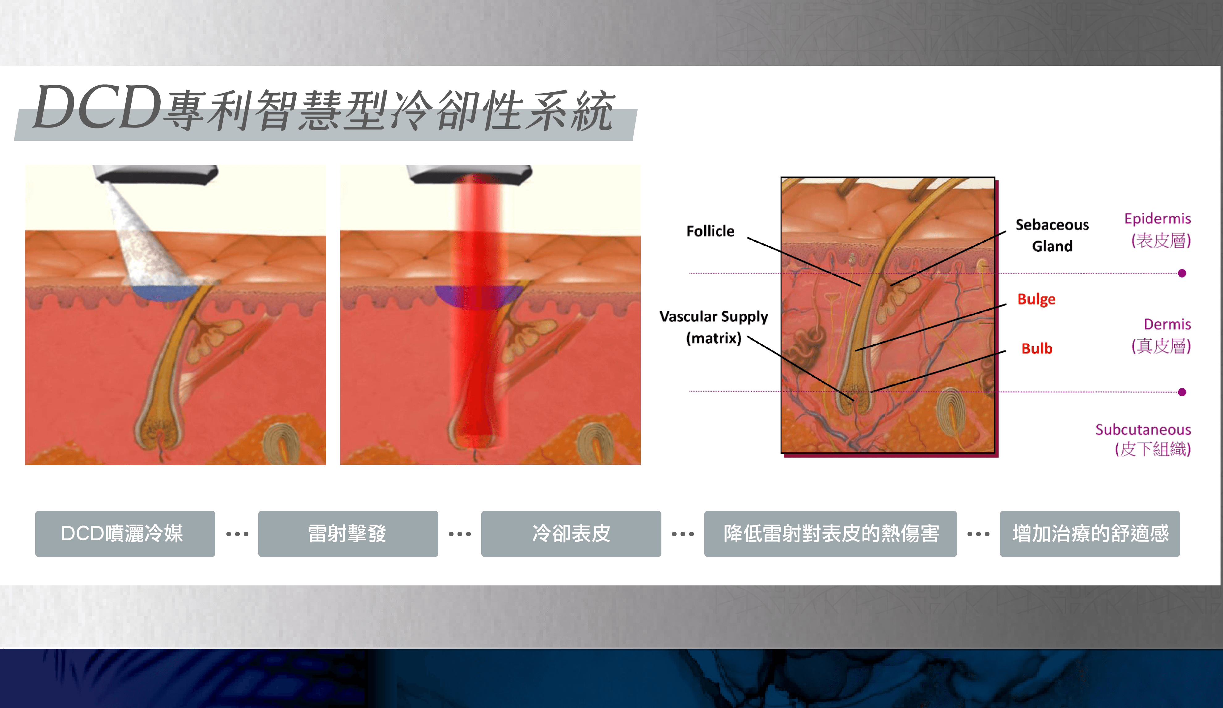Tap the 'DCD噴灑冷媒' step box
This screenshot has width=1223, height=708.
(x=125, y=534)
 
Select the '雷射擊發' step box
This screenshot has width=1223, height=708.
(x=348, y=534)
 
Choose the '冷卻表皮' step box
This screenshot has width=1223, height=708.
(x=571, y=534)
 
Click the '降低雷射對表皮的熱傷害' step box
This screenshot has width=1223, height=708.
(x=830, y=534)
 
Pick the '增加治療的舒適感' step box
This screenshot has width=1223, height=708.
(x=1090, y=534)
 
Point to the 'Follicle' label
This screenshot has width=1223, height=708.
(x=711, y=231)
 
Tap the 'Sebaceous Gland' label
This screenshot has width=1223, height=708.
(x=1052, y=235)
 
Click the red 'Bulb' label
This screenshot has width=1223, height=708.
(x=1037, y=348)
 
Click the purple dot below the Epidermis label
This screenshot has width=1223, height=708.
(x=1182, y=273)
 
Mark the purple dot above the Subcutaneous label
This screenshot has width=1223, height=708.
(x=1182, y=392)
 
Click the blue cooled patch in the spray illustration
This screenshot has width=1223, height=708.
(x=165, y=292)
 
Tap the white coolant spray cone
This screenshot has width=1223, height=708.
(x=145, y=238)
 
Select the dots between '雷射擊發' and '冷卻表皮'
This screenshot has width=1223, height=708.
(x=460, y=534)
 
